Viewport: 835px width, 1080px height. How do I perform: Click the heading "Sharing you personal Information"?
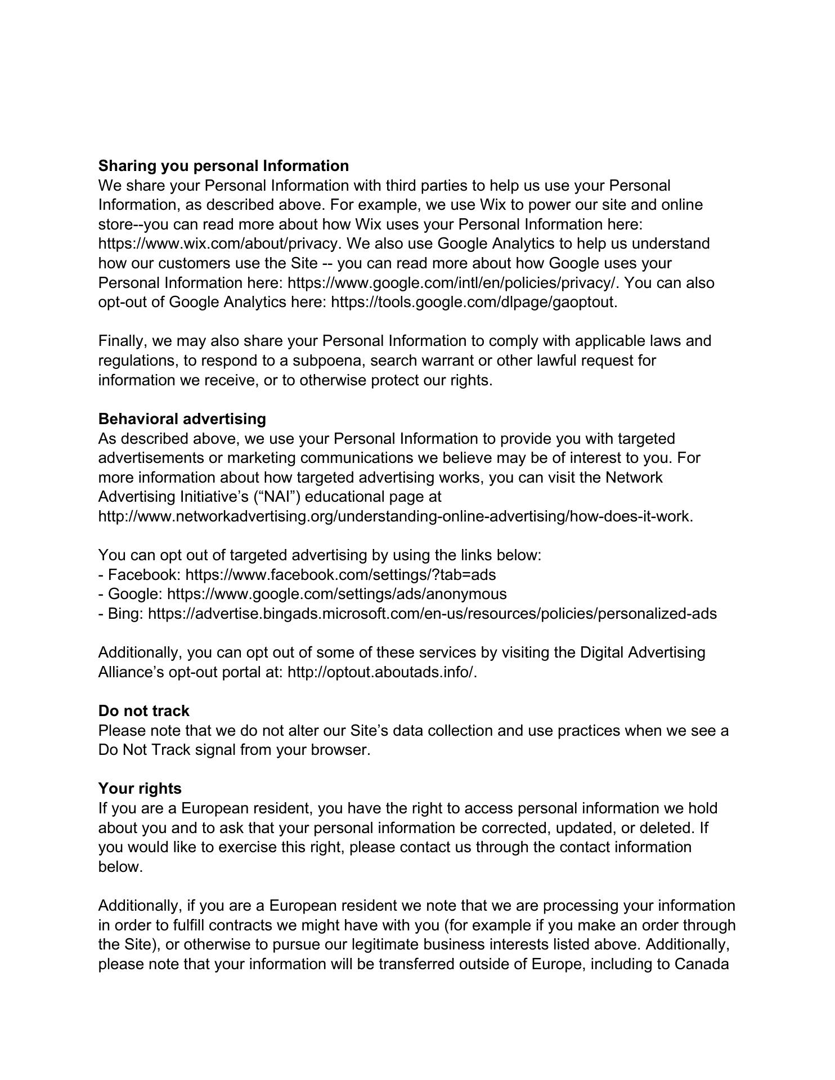pyautogui.click(x=223, y=166)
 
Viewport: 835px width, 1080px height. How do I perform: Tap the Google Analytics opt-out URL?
pyautogui.click(x=473, y=302)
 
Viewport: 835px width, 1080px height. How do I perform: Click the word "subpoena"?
pyautogui.click(x=318, y=360)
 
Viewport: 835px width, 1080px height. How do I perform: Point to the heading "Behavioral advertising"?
pyautogui.click(x=182, y=419)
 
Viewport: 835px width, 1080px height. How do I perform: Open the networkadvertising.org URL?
pyautogui.click(x=395, y=516)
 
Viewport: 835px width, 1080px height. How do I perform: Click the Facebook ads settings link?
pyautogui.click(x=340, y=575)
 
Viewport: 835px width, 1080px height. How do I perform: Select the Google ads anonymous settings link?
pyautogui.click(x=336, y=594)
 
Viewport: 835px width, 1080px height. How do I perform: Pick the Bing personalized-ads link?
pyautogui.click(x=432, y=614)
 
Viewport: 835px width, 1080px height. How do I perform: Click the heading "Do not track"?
pyautogui.click(x=143, y=711)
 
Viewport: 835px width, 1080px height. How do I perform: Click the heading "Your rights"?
pyautogui.click(x=140, y=789)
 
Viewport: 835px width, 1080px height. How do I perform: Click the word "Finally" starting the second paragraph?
pyautogui.click(x=122, y=341)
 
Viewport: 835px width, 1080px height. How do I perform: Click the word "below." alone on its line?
pyautogui.click(x=120, y=867)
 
